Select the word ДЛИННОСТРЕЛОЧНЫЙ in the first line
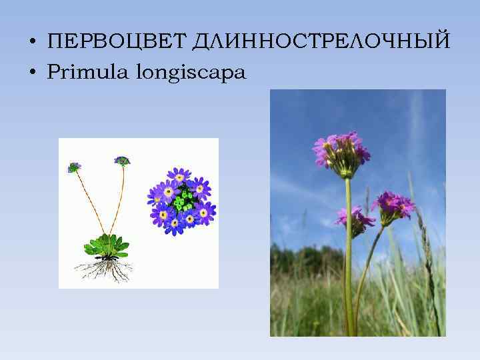tap(321, 43)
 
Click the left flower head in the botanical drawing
tap(74, 167)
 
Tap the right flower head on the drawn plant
tap(122, 161)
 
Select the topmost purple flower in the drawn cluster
tap(178, 176)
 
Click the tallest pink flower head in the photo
tap(341, 152)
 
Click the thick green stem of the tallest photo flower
tap(348, 253)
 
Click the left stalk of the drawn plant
tap(88, 203)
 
